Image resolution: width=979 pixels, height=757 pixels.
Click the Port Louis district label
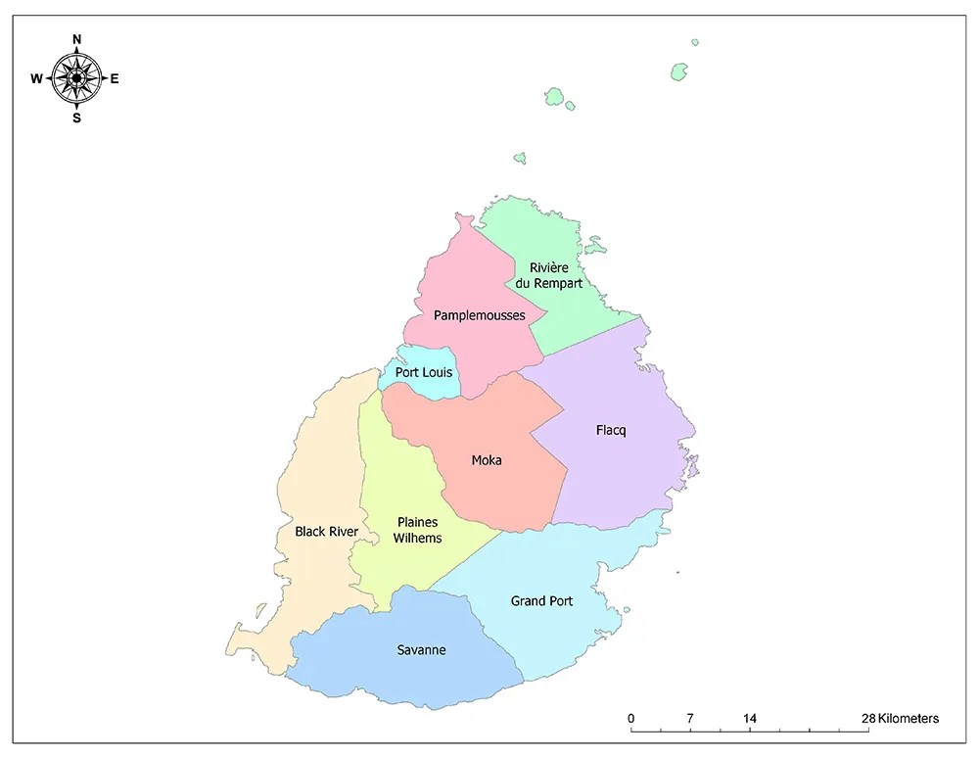tap(423, 373)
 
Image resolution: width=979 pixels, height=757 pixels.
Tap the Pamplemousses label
tap(479, 315)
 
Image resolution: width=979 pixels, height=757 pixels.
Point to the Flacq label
tap(610, 430)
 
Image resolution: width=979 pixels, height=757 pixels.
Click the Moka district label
tap(486, 460)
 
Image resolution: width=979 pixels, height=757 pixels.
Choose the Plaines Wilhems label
tap(417, 530)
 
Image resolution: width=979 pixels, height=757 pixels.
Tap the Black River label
tap(326, 532)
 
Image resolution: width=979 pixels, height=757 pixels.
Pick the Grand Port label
tap(541, 600)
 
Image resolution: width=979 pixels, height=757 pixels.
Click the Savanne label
tap(421, 649)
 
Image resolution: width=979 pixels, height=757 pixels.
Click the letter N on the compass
tap(77, 39)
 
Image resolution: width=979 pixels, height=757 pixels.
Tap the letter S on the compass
tap(76, 118)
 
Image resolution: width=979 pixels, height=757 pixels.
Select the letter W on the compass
tap(36, 79)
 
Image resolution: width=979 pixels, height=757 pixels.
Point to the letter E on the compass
tap(115, 79)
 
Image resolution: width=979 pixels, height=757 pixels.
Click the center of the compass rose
tap(76, 78)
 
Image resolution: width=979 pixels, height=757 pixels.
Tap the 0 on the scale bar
tap(631, 719)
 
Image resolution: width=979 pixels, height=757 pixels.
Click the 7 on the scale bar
tap(690, 719)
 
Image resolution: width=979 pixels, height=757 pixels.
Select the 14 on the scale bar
tap(750, 719)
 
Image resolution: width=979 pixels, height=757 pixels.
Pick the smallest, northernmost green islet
tap(694, 42)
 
